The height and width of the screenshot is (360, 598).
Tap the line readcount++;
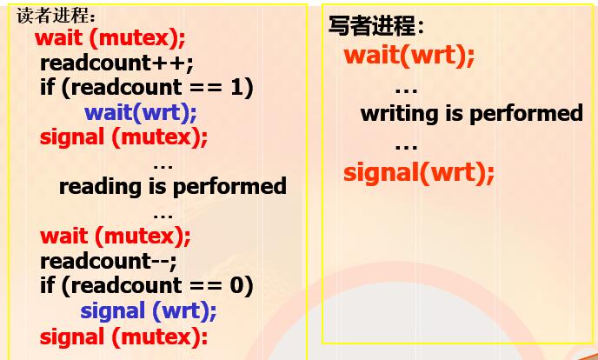click(116, 63)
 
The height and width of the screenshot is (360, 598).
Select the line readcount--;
click(109, 261)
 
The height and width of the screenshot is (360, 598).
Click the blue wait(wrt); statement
click(140, 112)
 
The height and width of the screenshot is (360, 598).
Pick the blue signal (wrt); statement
click(149, 312)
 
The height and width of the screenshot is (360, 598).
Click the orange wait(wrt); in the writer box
click(409, 56)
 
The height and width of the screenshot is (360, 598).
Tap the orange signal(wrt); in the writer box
click(419, 172)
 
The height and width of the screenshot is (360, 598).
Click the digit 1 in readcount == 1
click(236, 88)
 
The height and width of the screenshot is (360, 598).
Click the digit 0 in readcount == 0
click(236, 285)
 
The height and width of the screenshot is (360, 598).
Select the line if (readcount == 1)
click(147, 89)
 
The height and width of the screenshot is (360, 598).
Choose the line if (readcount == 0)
click(147, 286)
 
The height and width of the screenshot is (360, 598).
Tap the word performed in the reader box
click(229, 187)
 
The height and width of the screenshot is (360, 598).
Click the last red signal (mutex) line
click(123, 337)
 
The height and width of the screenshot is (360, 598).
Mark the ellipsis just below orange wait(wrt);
click(406, 91)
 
